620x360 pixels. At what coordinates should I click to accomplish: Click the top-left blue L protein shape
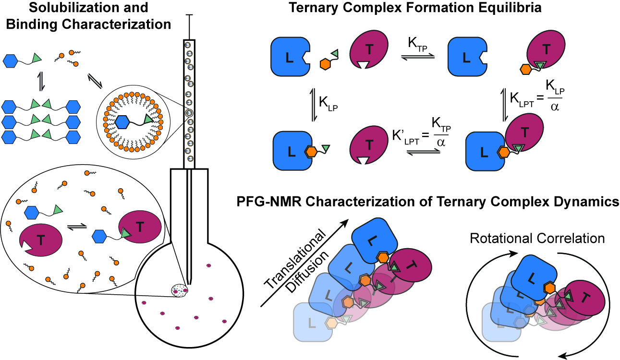tap(290, 58)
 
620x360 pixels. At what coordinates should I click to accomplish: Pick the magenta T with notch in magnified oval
tap(40, 237)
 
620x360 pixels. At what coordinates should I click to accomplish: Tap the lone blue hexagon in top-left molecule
tap(12, 60)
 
